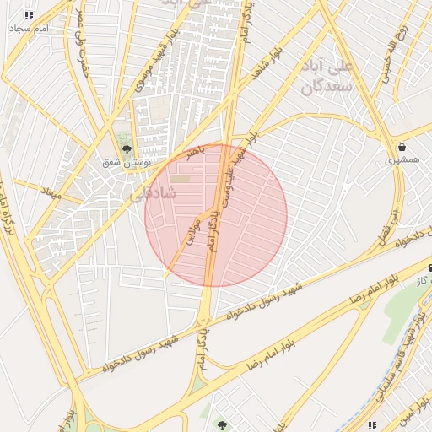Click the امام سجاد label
click(x=30, y=29)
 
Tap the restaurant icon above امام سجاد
click(x=30, y=15)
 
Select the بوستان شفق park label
click(x=127, y=162)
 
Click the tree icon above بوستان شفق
click(x=127, y=149)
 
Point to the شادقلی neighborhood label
click(x=154, y=193)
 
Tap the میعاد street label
click(x=52, y=192)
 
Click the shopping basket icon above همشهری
click(x=401, y=148)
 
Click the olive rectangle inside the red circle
click(x=181, y=179)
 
